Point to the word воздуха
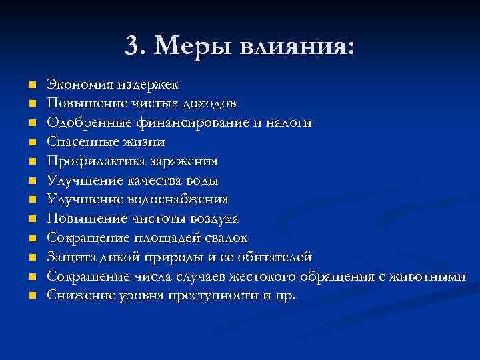215,219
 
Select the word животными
432,276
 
